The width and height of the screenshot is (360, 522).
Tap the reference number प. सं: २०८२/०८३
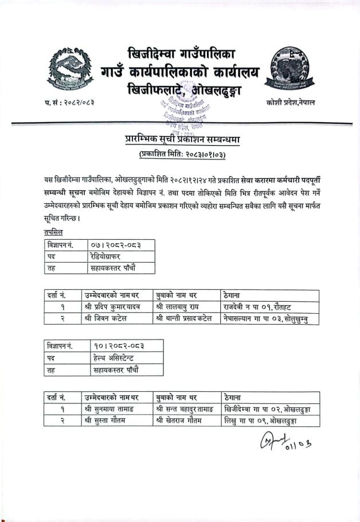click(69, 102)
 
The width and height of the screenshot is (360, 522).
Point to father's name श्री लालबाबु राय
click(179, 307)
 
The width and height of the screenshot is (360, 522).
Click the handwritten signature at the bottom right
click(289, 442)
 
